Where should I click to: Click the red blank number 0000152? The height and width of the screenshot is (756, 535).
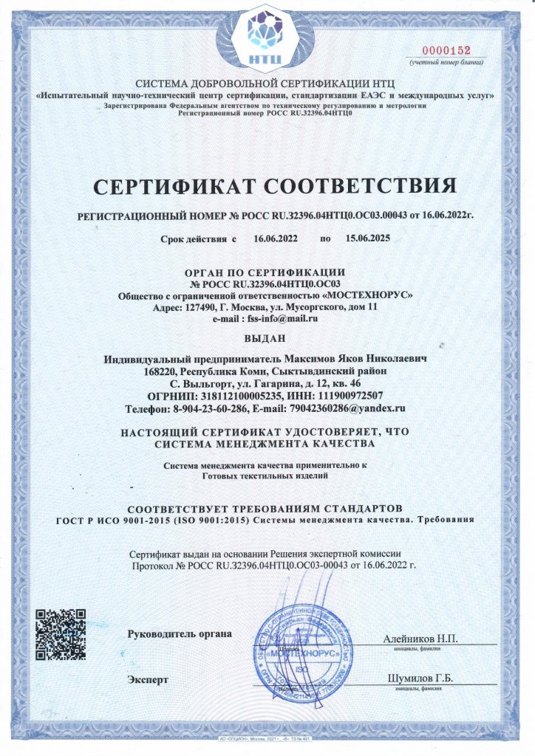pos(446,50)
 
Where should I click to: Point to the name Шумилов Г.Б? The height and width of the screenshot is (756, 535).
pos(420,678)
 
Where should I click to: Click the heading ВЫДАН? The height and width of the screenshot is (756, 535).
pos(267,340)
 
